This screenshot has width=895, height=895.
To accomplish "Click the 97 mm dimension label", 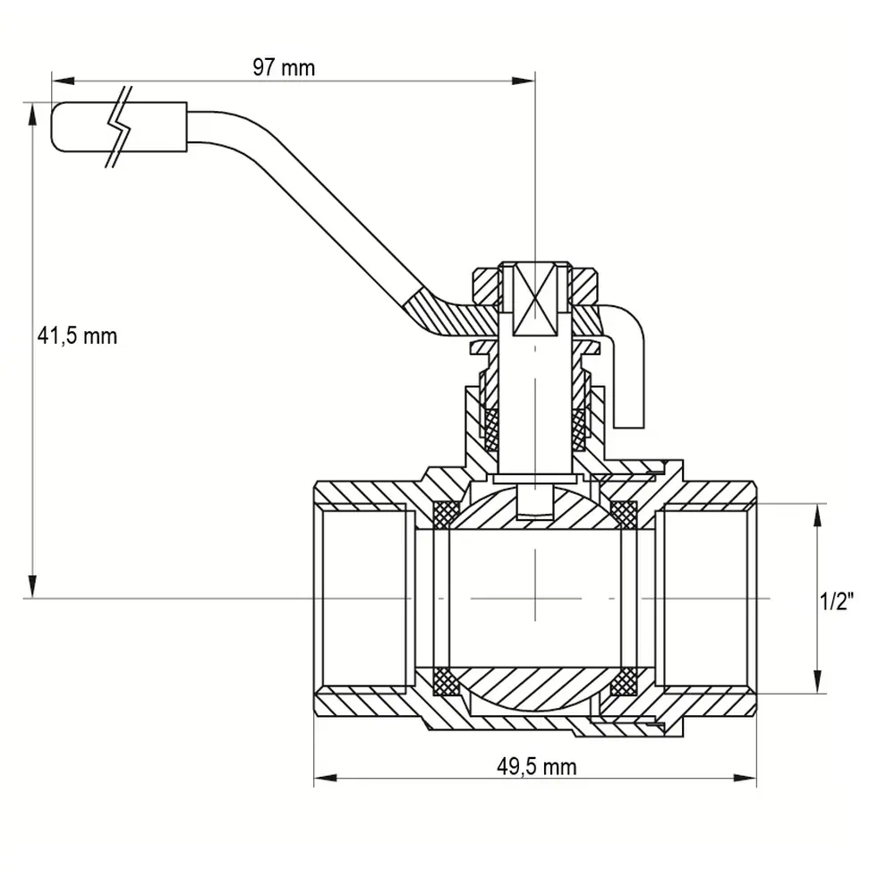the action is click(284, 68).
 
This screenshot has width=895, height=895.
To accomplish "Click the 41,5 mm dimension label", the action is click(77, 337).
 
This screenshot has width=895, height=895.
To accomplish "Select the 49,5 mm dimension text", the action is click(536, 767).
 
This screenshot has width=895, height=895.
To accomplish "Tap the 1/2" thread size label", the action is click(836, 601).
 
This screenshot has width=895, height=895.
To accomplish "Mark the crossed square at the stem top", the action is click(535, 301).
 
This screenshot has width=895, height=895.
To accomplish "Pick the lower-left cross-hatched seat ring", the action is click(447, 681).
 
